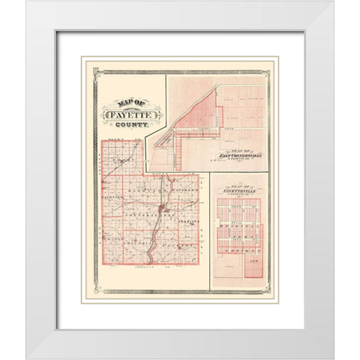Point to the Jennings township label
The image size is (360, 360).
pos(189,222)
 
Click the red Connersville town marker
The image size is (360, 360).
pos(162,210)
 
